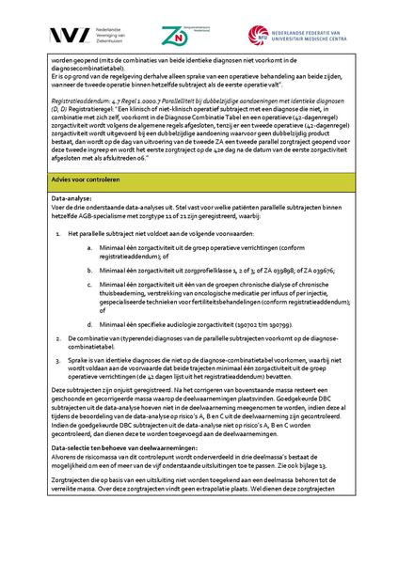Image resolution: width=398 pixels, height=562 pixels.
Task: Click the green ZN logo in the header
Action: click(x=174, y=34)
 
